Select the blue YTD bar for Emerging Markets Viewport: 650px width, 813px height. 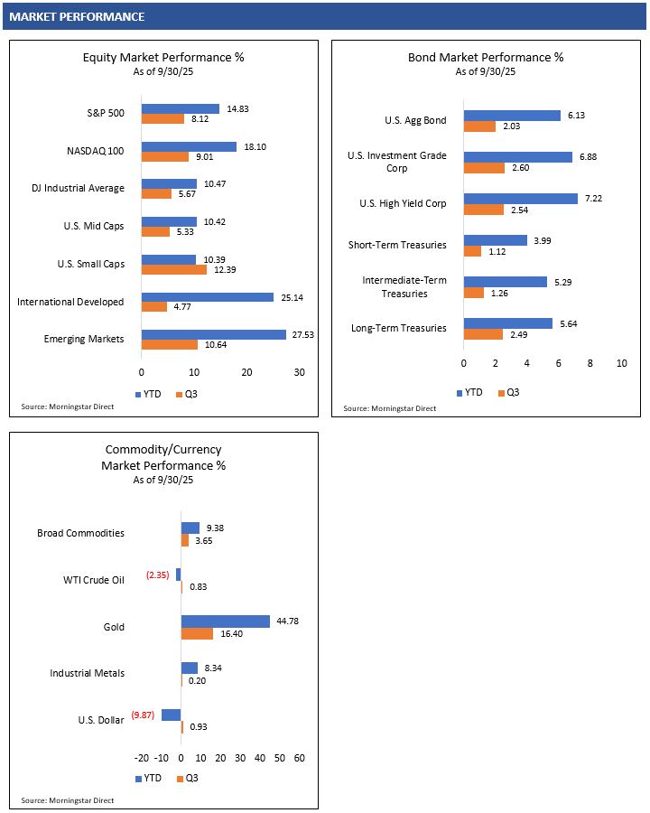[x=214, y=334]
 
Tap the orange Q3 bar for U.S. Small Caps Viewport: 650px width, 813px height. [x=174, y=269]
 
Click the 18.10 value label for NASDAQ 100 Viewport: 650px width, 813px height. [x=254, y=146]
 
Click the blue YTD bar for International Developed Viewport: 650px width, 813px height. [x=208, y=296]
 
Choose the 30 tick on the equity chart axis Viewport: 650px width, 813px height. [x=300, y=372]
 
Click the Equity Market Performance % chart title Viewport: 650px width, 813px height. [x=163, y=57]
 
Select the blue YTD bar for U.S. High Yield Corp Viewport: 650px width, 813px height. [x=521, y=199]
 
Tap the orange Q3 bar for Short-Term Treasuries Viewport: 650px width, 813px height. [x=472, y=251]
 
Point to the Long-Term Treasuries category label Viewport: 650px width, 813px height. [x=399, y=328]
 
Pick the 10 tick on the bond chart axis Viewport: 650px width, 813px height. [x=621, y=363]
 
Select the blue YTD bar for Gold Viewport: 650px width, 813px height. [x=226, y=621]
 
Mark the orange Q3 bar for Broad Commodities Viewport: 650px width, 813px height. [x=185, y=540]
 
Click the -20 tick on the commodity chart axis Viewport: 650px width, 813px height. [x=141, y=758]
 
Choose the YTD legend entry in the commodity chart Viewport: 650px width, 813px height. [x=149, y=777]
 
